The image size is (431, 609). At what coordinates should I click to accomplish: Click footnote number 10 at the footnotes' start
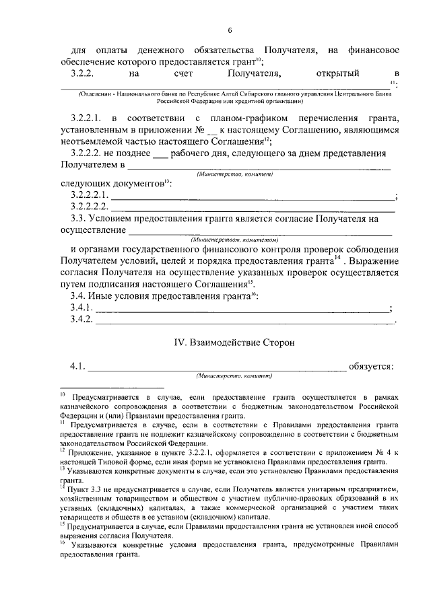tap(62, 396)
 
